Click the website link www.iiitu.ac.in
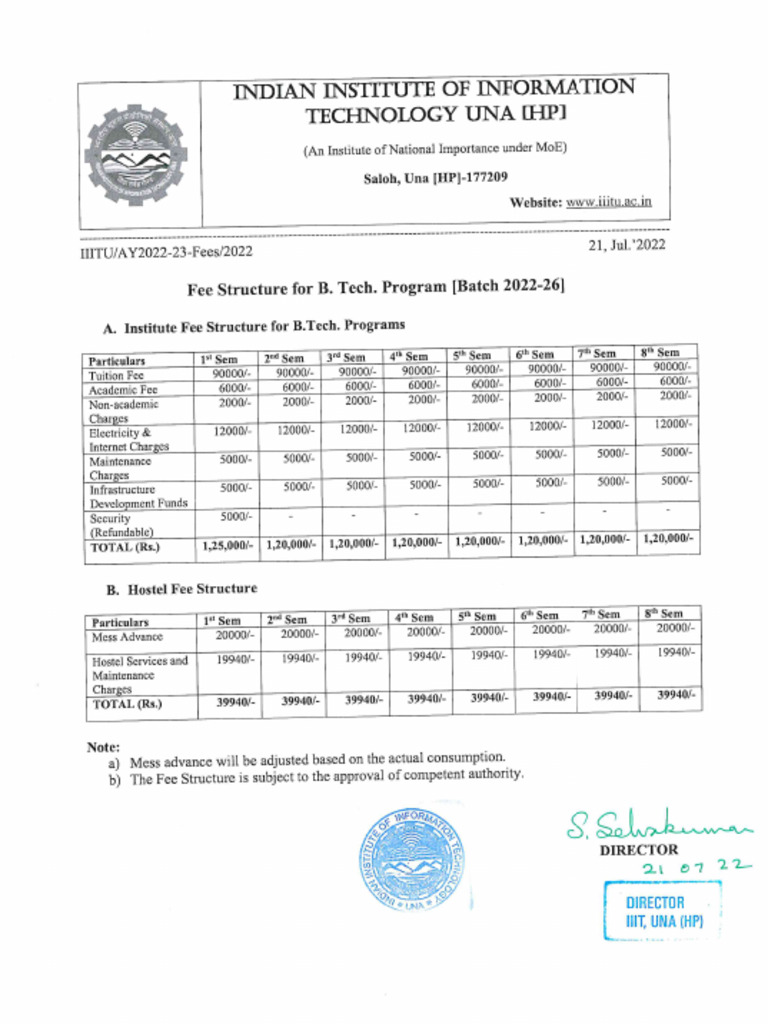pyautogui.click(x=609, y=201)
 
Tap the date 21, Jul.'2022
pyautogui.click(x=627, y=244)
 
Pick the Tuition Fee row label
pyautogui.click(x=117, y=375)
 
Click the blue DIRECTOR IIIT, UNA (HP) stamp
pyautogui.click(x=656, y=911)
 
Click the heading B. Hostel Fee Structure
pyautogui.click(x=182, y=589)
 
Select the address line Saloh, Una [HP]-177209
pyautogui.click(x=435, y=177)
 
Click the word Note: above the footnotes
pyautogui.click(x=103, y=747)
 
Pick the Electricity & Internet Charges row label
pyautogui.click(x=129, y=440)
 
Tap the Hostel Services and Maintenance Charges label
pyautogui.click(x=140, y=675)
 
